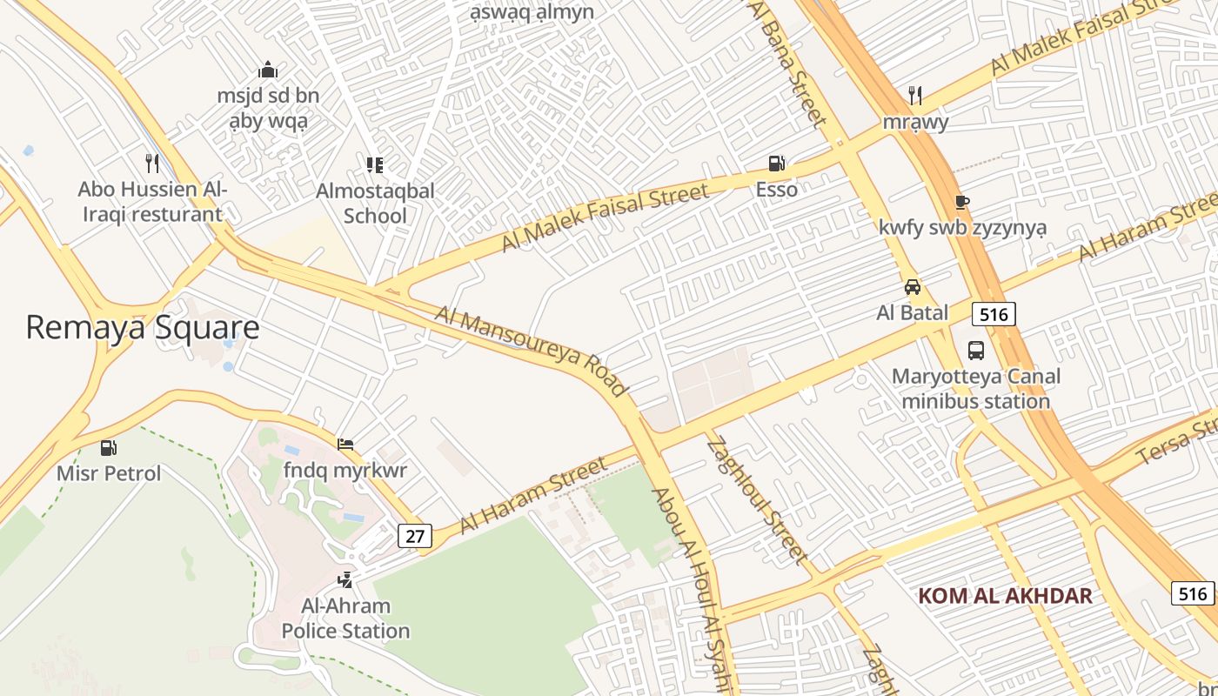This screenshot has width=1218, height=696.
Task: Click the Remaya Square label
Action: click(x=143, y=327)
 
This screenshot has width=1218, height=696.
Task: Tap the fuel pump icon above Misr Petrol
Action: click(x=109, y=448)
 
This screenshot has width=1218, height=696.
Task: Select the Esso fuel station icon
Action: click(x=776, y=163)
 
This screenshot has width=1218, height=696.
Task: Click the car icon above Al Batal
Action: click(x=912, y=286)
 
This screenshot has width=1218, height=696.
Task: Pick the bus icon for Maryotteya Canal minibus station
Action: click(x=976, y=351)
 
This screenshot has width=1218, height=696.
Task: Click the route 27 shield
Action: click(x=415, y=535)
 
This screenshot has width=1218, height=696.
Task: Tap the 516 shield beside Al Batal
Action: click(x=994, y=314)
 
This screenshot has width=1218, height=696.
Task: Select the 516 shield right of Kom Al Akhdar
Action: click(x=1192, y=593)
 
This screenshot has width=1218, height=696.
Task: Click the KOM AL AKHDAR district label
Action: click(x=1005, y=596)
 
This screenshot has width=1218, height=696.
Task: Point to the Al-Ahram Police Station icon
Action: click(x=345, y=579)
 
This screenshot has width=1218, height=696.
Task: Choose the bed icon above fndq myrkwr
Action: click(x=345, y=445)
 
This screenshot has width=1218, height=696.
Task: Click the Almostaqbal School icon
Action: click(x=375, y=164)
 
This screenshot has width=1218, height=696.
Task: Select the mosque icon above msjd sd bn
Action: click(x=268, y=70)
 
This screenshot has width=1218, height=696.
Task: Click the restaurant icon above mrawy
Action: click(x=915, y=95)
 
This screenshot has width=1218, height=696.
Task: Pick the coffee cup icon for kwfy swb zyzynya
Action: click(x=962, y=202)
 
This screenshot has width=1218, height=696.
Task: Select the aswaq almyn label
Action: click(x=532, y=11)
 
